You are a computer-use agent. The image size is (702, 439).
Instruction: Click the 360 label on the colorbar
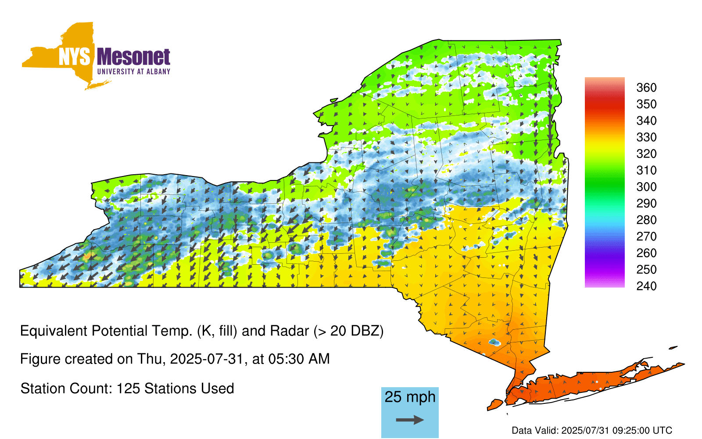(x=646, y=87)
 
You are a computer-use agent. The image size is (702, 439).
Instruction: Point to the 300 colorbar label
(x=646, y=187)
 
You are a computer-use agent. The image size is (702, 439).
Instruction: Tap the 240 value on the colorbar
(x=646, y=286)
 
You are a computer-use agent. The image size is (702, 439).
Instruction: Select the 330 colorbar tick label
(x=646, y=137)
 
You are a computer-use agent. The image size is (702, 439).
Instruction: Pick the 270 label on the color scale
(x=646, y=237)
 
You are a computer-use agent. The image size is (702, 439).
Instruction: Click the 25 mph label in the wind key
(x=410, y=397)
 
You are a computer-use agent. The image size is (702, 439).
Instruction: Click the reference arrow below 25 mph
(x=410, y=420)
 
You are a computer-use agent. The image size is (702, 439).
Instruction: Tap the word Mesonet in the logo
(x=134, y=57)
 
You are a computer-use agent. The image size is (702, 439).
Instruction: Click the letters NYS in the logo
(x=75, y=57)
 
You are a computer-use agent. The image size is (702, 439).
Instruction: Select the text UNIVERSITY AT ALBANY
(x=134, y=72)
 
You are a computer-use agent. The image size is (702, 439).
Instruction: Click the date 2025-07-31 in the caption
(x=207, y=359)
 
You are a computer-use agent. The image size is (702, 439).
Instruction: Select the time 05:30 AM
(x=299, y=359)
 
